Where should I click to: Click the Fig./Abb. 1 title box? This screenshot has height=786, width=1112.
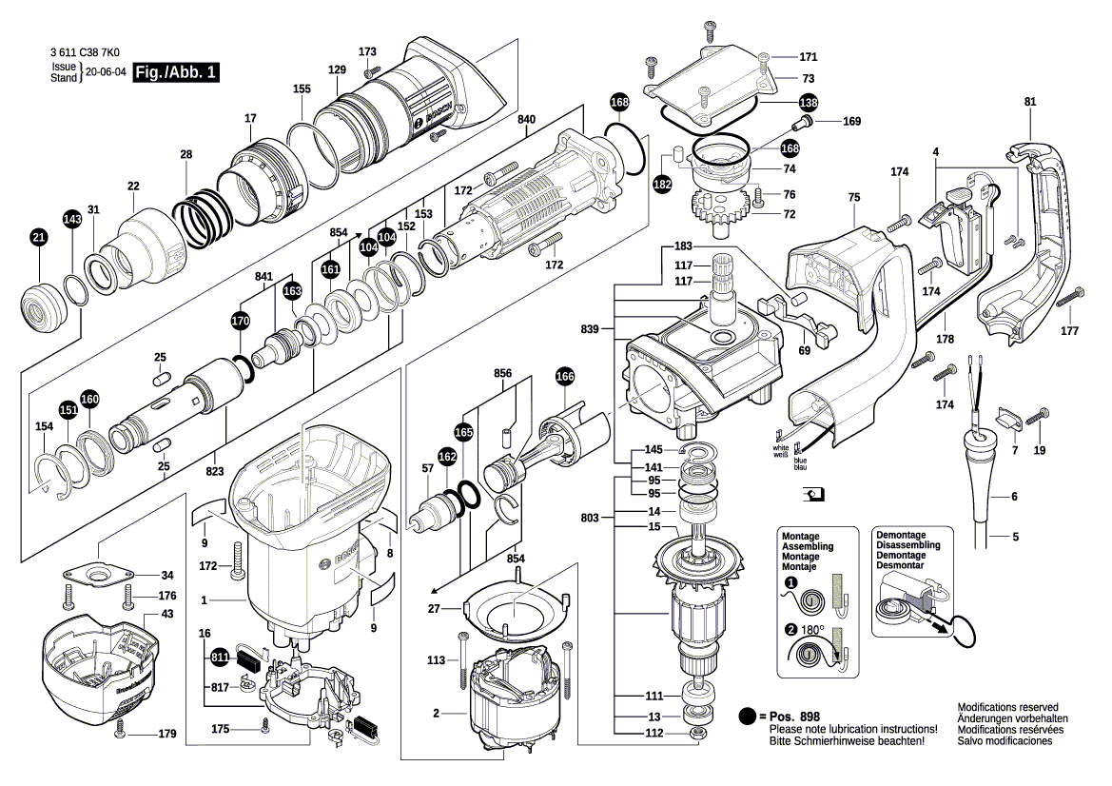pyautogui.click(x=176, y=72)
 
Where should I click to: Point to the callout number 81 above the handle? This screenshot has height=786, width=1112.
pyautogui.click(x=1030, y=102)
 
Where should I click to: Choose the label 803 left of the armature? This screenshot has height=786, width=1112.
pyautogui.click(x=590, y=518)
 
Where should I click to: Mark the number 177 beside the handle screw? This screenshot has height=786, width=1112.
pyautogui.click(x=1070, y=331)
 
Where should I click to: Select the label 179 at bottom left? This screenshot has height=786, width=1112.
pyautogui.click(x=167, y=734)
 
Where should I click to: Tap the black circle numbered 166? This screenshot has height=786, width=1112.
pyautogui.click(x=565, y=376)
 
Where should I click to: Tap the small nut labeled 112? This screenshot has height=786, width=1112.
pyautogui.click(x=696, y=734)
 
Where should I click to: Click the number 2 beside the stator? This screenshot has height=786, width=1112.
pyautogui.click(x=436, y=713)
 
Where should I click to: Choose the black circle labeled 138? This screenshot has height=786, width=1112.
pyautogui.click(x=808, y=102)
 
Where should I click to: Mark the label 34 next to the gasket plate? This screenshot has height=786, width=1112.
pyautogui.click(x=167, y=576)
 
